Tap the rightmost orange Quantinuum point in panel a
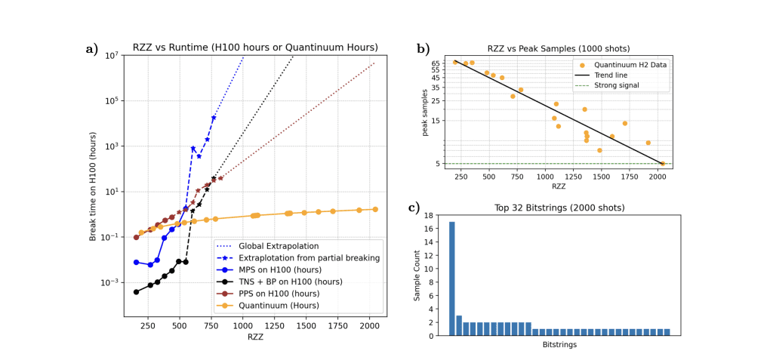[375, 209]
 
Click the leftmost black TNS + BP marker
[136, 292]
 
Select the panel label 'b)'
[424, 50]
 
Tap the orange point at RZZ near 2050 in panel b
[662, 163]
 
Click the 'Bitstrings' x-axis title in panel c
[560, 345]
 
